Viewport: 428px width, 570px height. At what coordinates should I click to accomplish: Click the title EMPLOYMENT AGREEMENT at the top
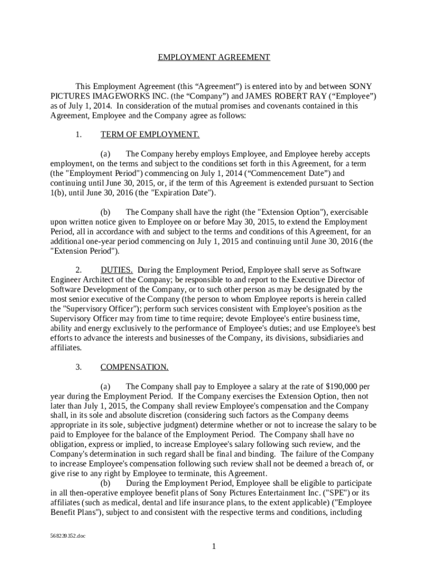coord(214,57)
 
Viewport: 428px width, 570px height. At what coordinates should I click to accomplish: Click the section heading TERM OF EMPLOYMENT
coord(150,134)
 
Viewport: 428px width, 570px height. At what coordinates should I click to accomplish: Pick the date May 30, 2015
coord(223,222)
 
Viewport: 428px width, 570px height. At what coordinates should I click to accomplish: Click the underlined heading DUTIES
coord(116,270)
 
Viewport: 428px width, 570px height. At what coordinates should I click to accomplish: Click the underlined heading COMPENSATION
coord(135,367)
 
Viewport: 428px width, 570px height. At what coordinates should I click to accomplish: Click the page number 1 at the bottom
coord(214,547)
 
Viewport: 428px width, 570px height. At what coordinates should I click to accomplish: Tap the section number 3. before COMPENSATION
coord(78,367)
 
